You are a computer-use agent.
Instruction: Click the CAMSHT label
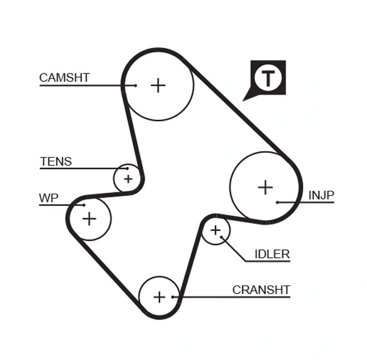(x=64, y=78)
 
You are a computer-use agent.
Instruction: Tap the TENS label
(x=56, y=162)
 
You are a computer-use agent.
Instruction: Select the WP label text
(x=49, y=198)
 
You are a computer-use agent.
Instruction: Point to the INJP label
(x=321, y=196)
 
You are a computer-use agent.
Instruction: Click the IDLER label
(x=272, y=254)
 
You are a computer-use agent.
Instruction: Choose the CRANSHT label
(x=261, y=290)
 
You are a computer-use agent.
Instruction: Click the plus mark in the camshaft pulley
(x=158, y=85)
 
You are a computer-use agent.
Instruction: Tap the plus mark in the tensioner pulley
(x=128, y=179)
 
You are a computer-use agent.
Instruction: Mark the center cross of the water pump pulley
(x=89, y=218)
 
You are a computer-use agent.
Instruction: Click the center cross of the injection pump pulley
(x=265, y=186)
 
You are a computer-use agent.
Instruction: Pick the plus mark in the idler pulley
(x=215, y=230)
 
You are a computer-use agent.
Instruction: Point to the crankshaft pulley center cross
(x=159, y=297)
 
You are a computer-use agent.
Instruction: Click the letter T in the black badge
(x=268, y=78)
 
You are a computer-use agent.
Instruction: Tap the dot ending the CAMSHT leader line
(x=135, y=86)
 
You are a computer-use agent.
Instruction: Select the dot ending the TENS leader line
(x=127, y=168)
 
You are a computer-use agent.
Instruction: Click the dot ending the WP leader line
(x=83, y=205)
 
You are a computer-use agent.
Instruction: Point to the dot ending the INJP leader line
(x=277, y=202)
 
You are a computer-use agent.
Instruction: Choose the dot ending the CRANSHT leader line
(x=174, y=297)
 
